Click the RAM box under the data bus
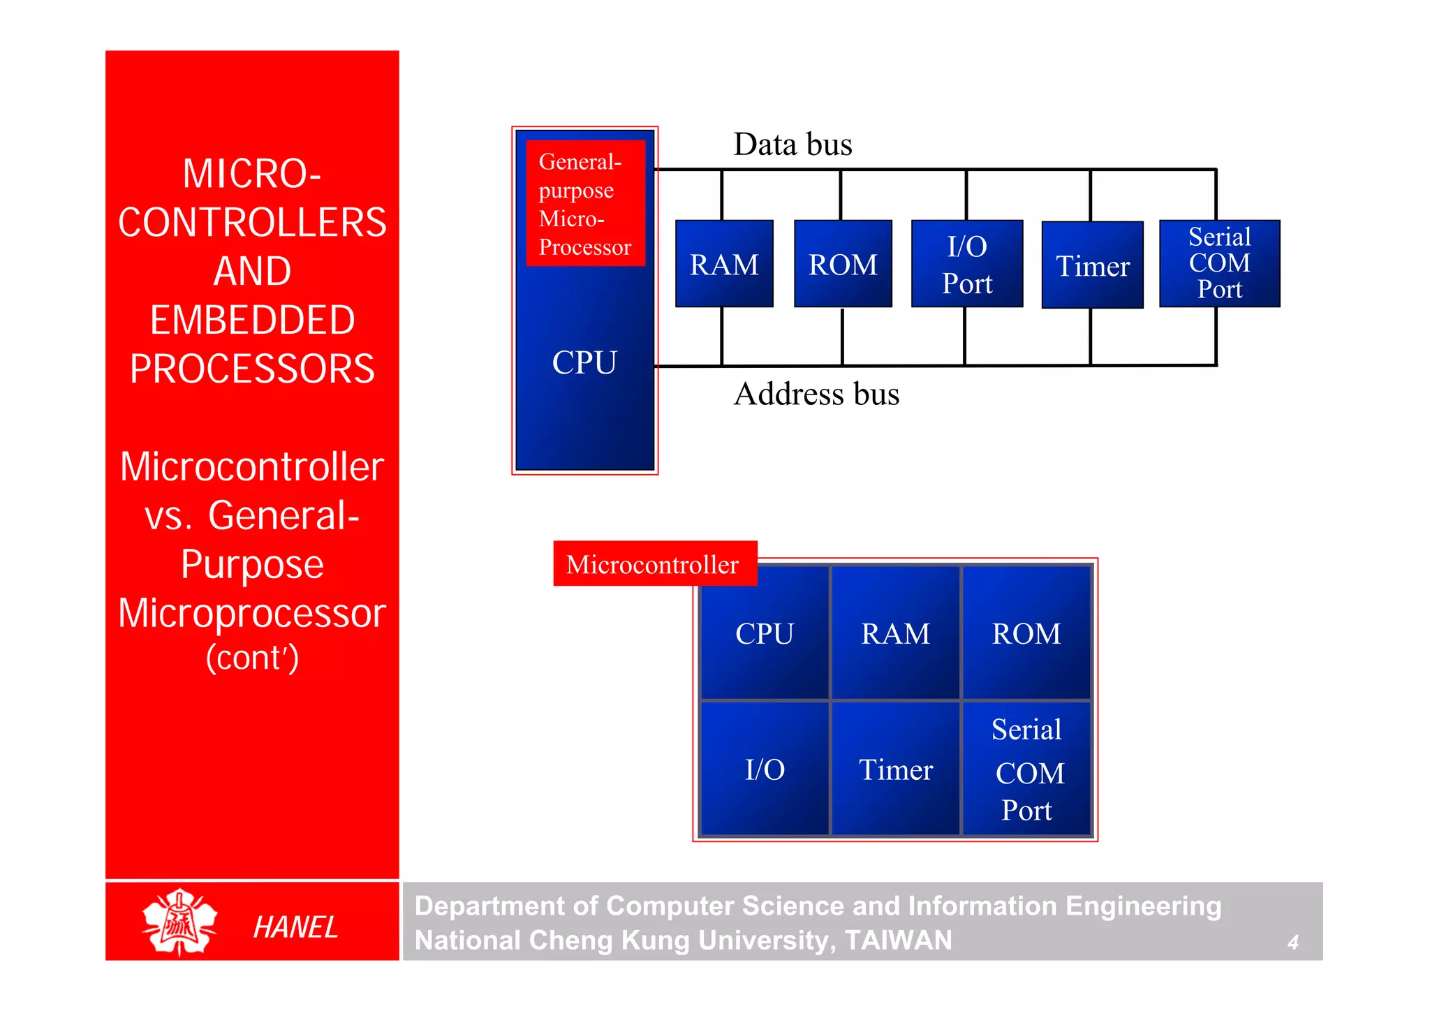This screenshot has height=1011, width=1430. (724, 264)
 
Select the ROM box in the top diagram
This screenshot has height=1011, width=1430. (843, 264)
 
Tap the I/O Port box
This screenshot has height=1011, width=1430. (967, 264)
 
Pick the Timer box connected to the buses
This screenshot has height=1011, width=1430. (1092, 265)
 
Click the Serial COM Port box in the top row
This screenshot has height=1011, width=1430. (1219, 263)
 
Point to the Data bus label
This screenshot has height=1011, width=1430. (793, 145)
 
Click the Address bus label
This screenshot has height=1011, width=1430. (816, 394)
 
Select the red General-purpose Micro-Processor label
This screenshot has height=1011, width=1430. (585, 203)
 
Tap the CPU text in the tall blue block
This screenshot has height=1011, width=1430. (584, 362)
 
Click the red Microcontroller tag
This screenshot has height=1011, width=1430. (654, 563)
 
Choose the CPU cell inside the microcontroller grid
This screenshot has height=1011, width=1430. (765, 633)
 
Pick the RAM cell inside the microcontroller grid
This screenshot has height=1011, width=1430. (895, 633)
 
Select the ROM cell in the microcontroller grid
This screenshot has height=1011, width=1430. (1026, 633)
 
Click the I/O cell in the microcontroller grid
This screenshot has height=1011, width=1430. (765, 769)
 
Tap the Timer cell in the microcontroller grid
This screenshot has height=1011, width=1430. (895, 769)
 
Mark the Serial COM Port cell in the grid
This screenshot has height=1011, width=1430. (1026, 769)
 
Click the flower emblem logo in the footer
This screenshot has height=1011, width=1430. (179, 922)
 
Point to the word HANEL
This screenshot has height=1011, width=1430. (295, 927)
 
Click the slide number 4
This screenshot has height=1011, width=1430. (1292, 942)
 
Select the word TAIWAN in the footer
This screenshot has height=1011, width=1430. (898, 940)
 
